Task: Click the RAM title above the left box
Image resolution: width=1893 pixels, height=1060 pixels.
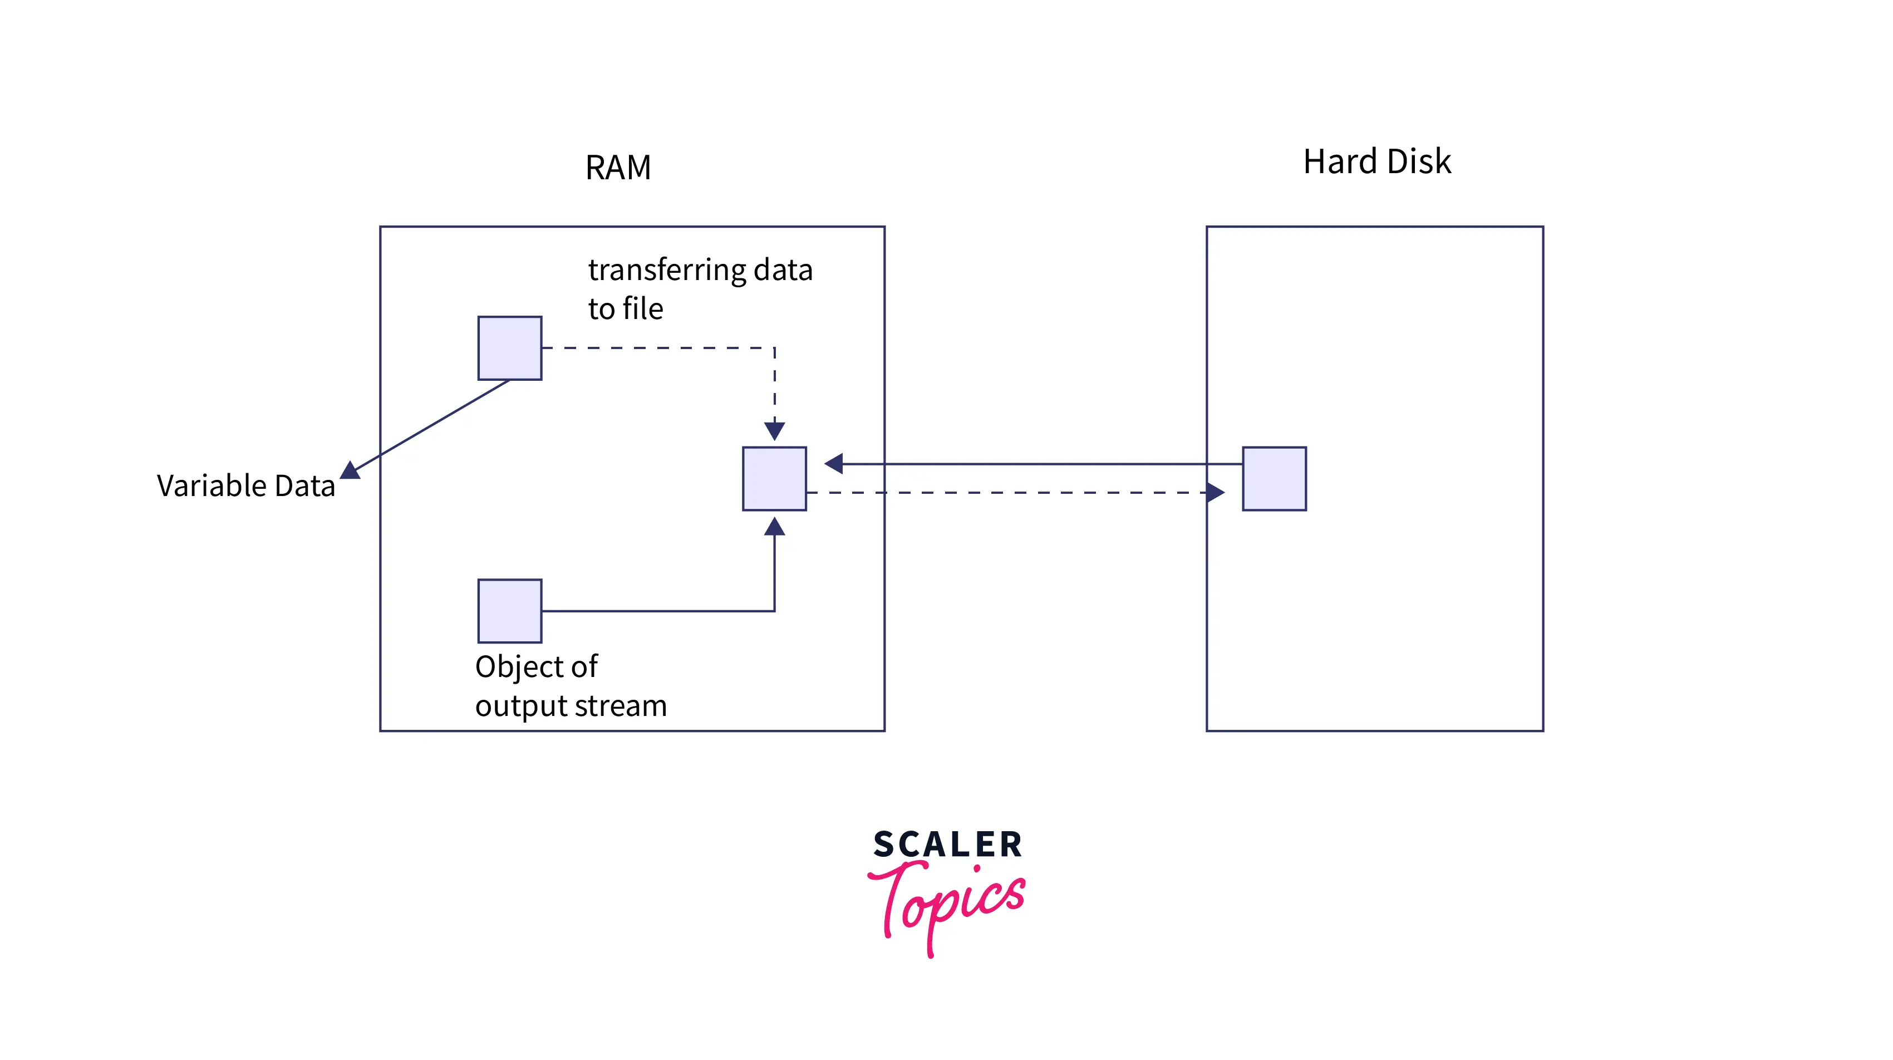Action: coord(617,168)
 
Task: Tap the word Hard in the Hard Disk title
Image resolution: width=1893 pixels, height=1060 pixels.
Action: coord(1339,161)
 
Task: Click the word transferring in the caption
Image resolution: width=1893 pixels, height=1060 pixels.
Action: coord(665,271)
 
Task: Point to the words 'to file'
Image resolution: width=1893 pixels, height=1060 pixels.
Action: coord(626,309)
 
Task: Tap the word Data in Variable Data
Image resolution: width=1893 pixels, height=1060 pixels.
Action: coord(305,486)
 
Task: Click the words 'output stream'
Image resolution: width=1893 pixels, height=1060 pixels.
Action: coord(571,706)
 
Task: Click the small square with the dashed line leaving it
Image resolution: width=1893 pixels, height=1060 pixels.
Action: coord(509,348)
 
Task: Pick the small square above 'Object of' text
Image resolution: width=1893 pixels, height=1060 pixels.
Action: coord(509,610)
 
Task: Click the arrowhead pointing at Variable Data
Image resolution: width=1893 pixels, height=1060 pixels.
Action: coord(351,470)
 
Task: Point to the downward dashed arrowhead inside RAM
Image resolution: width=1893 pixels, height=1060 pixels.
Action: coord(774,430)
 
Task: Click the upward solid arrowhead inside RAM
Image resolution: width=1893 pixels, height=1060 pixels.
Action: coord(774,526)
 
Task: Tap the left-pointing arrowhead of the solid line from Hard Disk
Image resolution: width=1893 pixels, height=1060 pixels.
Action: coord(834,463)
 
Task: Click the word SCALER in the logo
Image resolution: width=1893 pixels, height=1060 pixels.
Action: coord(947,844)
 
